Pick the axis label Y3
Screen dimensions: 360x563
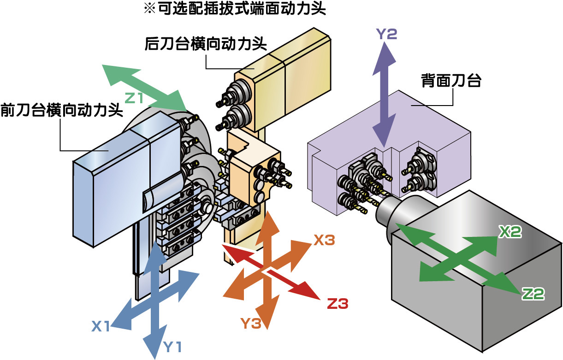click(251, 324)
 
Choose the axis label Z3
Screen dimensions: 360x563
click(337, 304)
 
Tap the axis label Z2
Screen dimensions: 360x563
click(533, 294)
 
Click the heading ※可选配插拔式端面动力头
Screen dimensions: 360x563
click(235, 9)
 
